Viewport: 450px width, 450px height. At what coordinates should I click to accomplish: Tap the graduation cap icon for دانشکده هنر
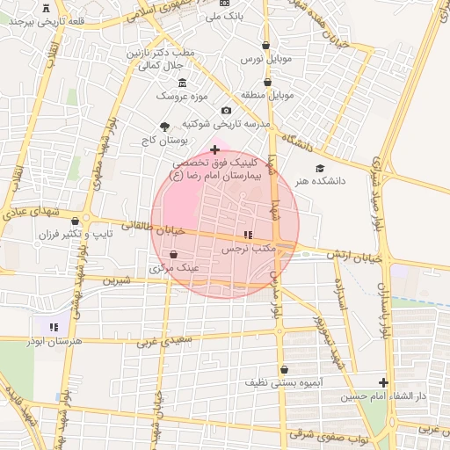pyautogui.click(x=319, y=168)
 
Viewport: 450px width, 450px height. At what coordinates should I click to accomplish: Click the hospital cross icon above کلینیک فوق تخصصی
pyautogui.click(x=214, y=150)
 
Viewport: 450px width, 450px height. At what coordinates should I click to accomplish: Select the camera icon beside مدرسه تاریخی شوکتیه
pyautogui.click(x=227, y=111)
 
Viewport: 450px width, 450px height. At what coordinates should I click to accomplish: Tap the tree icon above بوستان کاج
pyautogui.click(x=164, y=127)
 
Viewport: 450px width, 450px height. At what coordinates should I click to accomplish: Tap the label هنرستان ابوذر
pyautogui.click(x=56, y=339)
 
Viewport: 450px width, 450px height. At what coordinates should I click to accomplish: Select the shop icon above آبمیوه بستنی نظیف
pyautogui.click(x=284, y=370)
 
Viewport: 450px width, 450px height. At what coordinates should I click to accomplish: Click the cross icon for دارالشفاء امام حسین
pyautogui.click(x=382, y=382)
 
